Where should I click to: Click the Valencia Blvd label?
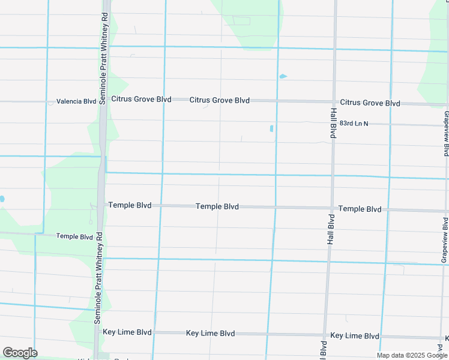coord(76,101)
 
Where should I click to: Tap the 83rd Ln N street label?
coord(354,123)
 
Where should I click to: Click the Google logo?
coord(20,353)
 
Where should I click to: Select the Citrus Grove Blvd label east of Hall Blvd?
coord(370,103)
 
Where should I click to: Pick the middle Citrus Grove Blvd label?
coord(220,100)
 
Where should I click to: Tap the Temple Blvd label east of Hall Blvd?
coord(360,209)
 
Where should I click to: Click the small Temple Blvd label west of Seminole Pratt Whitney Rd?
coord(74,236)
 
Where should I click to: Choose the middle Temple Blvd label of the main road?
coord(217,206)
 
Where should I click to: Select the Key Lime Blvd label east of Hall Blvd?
coord(355,336)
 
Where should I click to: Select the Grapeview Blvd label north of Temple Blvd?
coord(446,133)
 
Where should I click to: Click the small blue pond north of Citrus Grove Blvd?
coord(283,76)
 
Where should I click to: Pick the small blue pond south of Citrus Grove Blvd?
coord(271,128)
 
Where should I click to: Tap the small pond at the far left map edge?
coord(2,199)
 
